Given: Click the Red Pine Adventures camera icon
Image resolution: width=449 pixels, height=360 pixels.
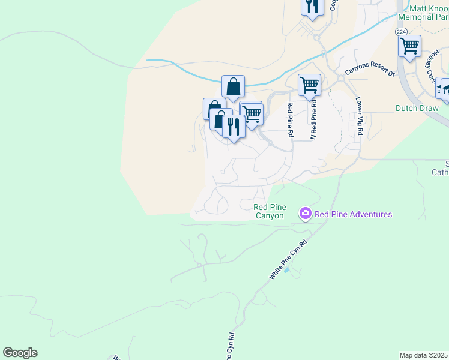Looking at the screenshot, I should point(305,214).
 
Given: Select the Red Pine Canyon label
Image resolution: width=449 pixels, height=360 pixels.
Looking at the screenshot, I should point(269,211).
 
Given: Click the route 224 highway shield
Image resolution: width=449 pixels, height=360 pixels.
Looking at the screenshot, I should point(400,31).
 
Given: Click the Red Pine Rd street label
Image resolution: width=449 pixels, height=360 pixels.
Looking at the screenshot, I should point(289,120).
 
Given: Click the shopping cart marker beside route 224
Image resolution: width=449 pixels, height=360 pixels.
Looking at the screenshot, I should point(409,46).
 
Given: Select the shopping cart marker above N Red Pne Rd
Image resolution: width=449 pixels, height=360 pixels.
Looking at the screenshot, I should point(309,85).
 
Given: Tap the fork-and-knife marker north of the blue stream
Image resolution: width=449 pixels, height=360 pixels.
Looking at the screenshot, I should point(312,6).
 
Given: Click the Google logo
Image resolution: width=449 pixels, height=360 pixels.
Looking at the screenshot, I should point(20,353).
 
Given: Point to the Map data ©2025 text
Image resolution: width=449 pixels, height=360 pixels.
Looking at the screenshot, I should point(424,355).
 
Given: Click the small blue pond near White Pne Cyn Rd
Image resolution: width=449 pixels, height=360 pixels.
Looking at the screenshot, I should point(286,269).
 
